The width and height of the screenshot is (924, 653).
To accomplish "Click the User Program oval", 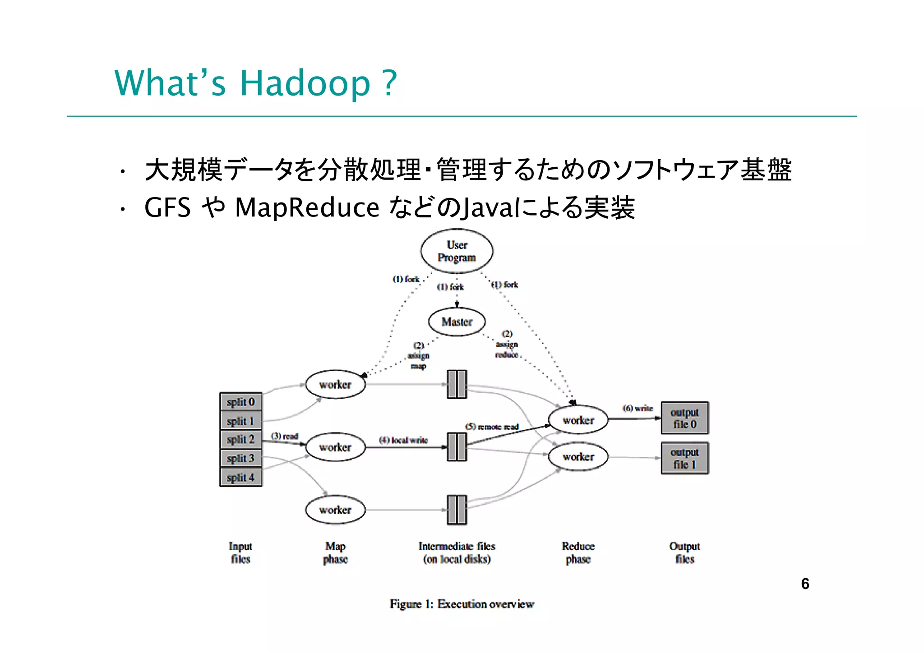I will pyautogui.click(x=457, y=251).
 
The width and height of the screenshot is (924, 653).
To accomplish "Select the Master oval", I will pyautogui.click(x=457, y=322).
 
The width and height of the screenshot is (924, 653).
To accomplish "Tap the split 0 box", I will pyautogui.click(x=240, y=401).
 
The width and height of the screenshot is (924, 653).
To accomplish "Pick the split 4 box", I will pyautogui.click(x=240, y=477).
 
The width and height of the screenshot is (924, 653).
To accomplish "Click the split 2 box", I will pyautogui.click(x=240, y=439).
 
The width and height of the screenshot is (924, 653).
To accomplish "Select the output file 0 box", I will pyautogui.click(x=684, y=418).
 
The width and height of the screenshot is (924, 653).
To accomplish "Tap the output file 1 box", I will pyautogui.click(x=684, y=458).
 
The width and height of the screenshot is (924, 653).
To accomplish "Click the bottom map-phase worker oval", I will pyautogui.click(x=335, y=510).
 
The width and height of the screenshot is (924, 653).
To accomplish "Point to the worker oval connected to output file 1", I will pyautogui.click(x=578, y=457).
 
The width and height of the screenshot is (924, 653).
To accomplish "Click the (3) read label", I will pyautogui.click(x=284, y=436).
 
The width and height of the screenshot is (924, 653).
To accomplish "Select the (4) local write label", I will pyautogui.click(x=403, y=440).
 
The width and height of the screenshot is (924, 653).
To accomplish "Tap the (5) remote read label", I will pyautogui.click(x=492, y=427).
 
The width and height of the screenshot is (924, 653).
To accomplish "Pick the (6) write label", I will pyautogui.click(x=638, y=409).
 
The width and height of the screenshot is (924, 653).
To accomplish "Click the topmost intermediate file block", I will pyautogui.click(x=457, y=384).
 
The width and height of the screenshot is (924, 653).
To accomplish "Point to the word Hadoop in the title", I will pyautogui.click(x=305, y=83).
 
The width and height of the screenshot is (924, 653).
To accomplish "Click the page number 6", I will pyautogui.click(x=805, y=584).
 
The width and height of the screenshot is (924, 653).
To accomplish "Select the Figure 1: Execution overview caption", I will pyautogui.click(x=462, y=604).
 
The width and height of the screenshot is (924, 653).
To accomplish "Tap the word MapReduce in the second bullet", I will pyautogui.click(x=307, y=208).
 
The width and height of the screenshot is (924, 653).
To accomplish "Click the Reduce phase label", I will pyautogui.click(x=578, y=552).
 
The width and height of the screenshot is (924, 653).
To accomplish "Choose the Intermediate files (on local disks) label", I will pyautogui.click(x=457, y=552).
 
